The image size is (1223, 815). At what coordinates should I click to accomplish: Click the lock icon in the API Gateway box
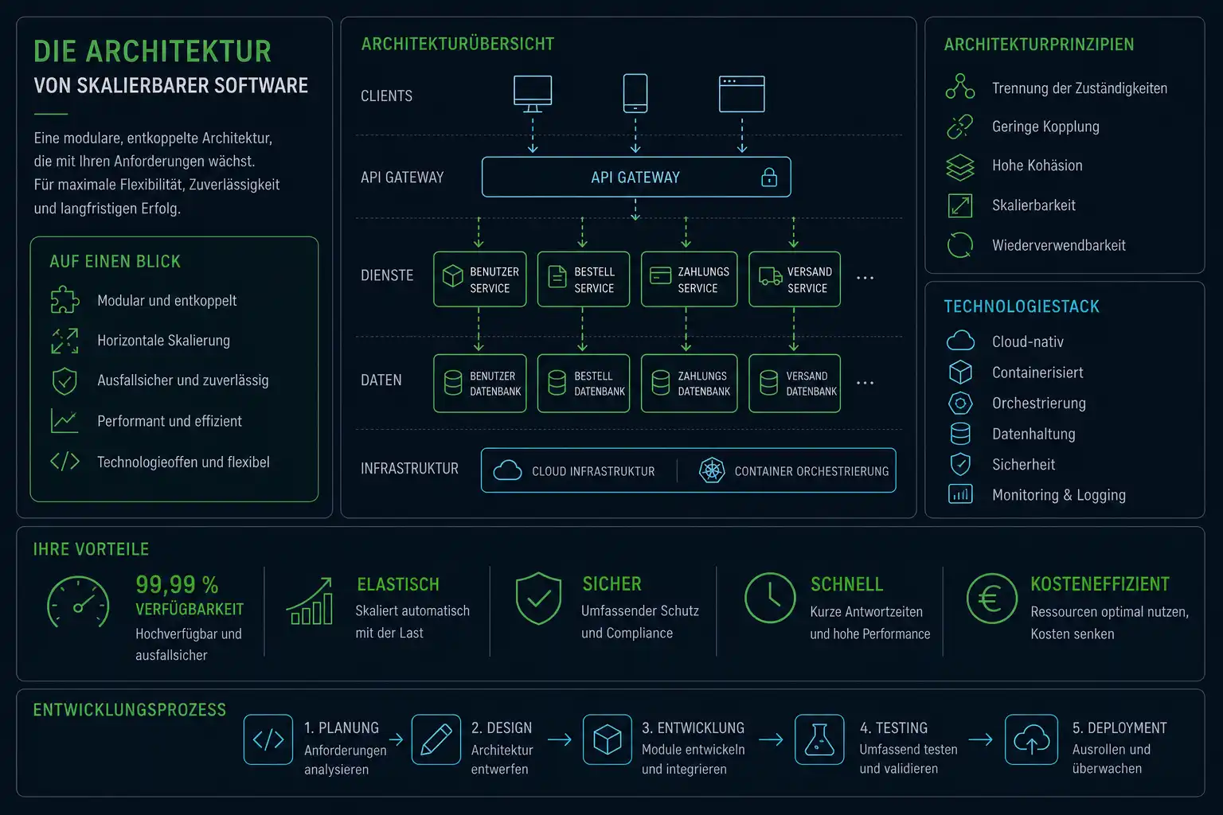point(768,177)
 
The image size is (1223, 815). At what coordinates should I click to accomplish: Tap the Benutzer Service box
point(480,279)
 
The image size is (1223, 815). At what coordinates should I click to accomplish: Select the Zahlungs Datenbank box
point(689,383)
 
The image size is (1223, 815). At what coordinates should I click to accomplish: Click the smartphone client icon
point(635,93)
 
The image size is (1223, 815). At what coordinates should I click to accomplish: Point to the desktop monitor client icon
point(533,94)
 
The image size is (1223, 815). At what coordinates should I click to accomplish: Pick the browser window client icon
point(741,94)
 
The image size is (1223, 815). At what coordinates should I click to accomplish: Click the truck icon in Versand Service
point(771,276)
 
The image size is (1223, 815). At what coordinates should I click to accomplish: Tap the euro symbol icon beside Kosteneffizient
point(991,599)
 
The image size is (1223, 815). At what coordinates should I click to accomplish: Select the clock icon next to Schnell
point(770,598)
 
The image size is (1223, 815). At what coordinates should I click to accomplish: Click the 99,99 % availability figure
point(177,585)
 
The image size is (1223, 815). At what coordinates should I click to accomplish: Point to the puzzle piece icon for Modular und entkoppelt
point(65,300)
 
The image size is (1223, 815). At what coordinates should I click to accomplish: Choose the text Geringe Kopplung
point(1045,127)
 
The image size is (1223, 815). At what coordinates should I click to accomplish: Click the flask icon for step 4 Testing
point(819,739)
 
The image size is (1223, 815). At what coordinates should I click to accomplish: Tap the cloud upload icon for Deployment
point(1031,739)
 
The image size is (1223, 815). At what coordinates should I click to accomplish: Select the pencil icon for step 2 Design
point(436,739)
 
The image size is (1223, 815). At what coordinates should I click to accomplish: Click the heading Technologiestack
point(1022,306)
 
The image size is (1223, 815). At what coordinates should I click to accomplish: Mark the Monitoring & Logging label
point(1059,495)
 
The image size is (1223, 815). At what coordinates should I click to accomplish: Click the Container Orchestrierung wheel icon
point(712,470)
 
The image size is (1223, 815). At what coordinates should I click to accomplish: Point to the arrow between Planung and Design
point(397,739)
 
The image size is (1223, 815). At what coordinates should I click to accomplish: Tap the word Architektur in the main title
point(178,51)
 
